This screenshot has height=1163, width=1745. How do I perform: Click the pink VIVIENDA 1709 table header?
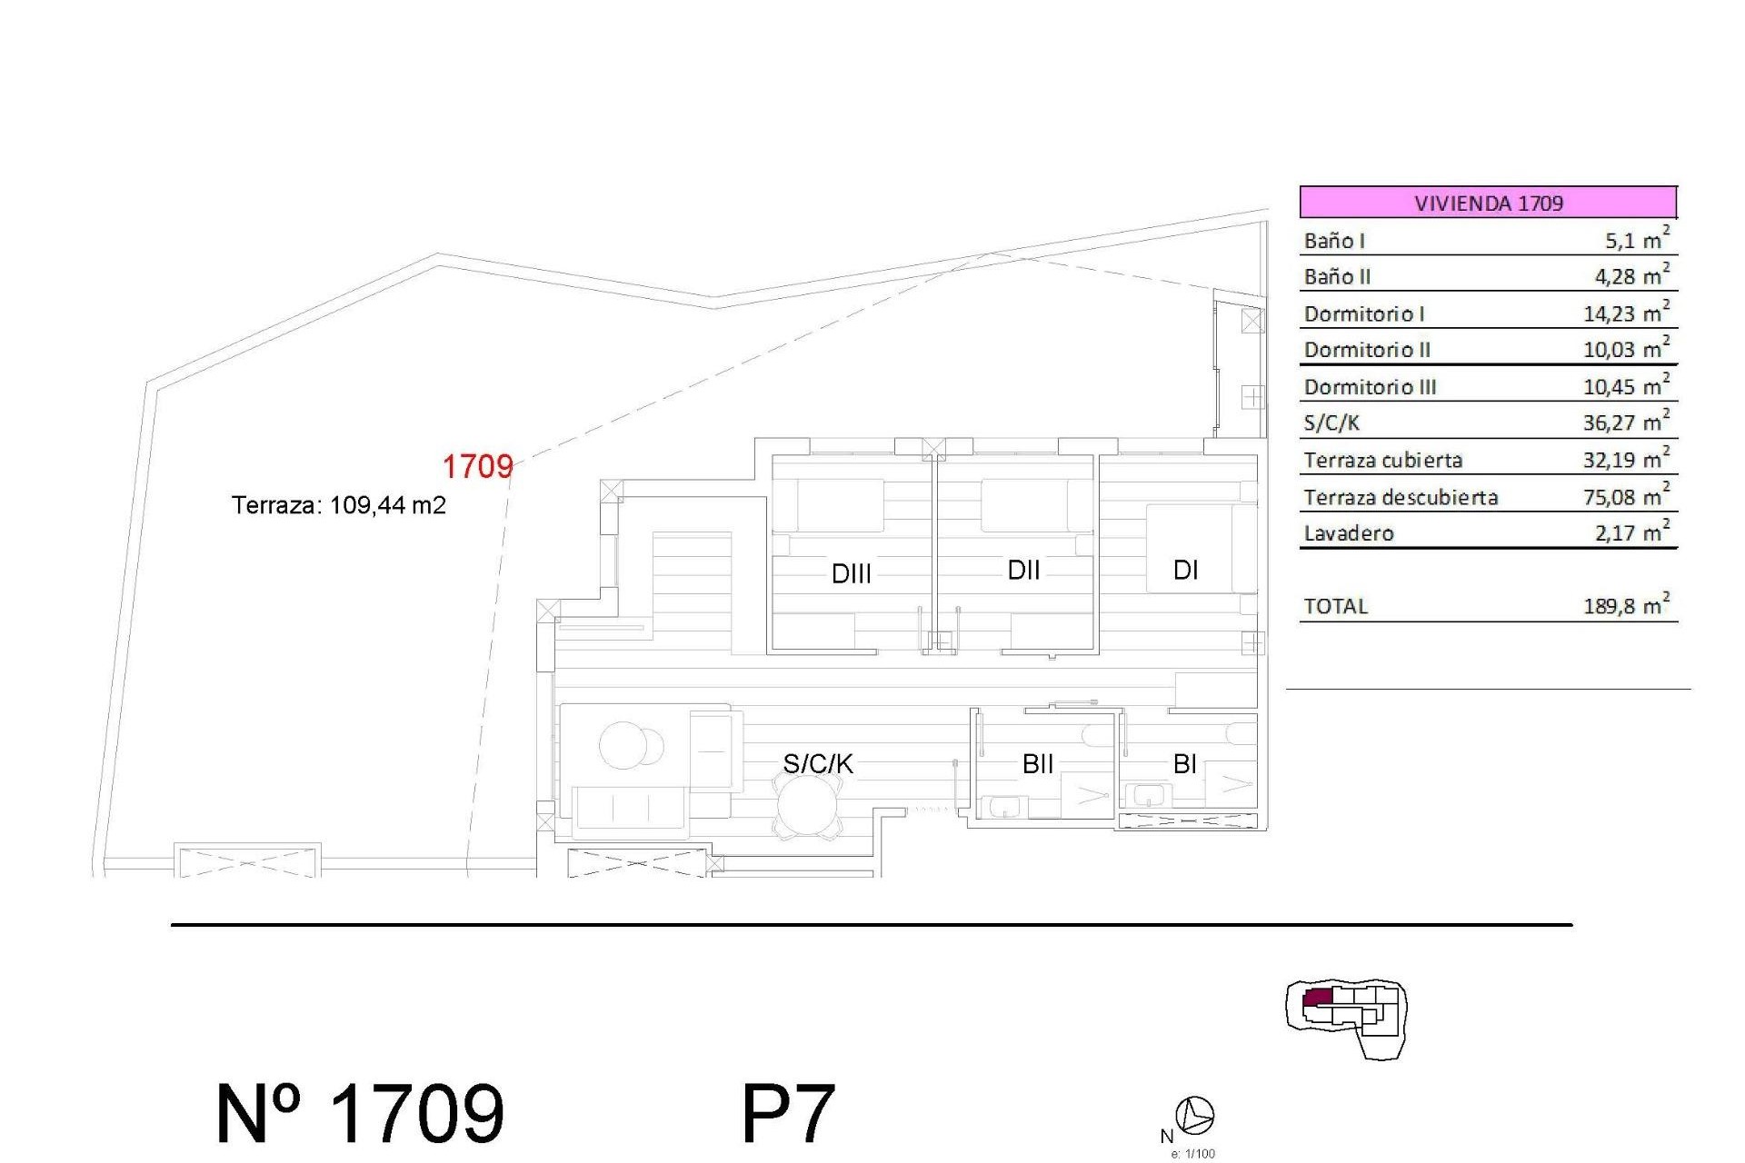(1488, 202)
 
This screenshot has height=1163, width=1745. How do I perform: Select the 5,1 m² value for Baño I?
(1636, 240)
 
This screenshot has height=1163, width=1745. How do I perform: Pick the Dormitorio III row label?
(1370, 387)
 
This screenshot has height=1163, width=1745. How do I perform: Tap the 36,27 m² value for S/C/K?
(1626, 422)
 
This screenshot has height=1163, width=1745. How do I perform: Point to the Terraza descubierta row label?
(1401, 497)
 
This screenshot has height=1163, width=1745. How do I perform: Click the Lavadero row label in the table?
(1349, 533)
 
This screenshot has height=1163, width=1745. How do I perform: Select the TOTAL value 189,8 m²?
(1626, 606)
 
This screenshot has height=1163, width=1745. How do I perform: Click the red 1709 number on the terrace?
(477, 467)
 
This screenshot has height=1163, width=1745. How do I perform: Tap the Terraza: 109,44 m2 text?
(338, 505)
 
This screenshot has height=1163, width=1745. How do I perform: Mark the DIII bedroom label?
(852, 574)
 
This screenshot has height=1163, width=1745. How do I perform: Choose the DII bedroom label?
(1023, 571)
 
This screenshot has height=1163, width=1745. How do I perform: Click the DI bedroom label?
(1185, 571)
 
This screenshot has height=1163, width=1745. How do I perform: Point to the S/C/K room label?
(818, 764)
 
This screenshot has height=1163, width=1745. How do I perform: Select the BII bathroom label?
(1038, 764)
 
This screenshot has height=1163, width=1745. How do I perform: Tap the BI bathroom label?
(1184, 764)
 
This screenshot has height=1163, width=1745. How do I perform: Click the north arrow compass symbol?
(1194, 1115)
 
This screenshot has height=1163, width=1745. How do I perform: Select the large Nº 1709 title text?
(360, 1113)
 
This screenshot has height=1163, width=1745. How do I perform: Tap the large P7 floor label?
(788, 1113)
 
